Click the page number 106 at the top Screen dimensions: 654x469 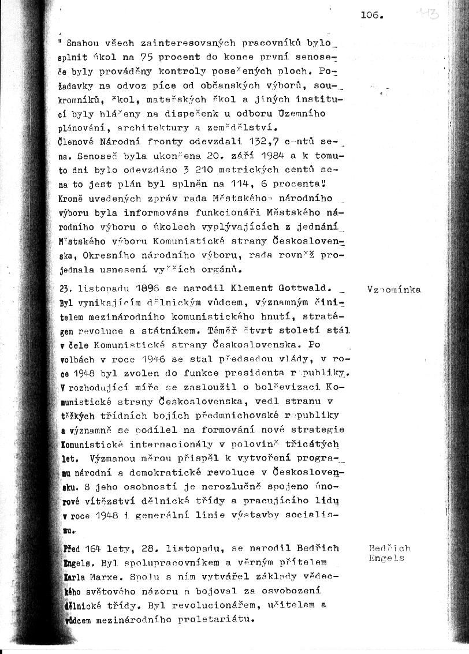tap(371, 16)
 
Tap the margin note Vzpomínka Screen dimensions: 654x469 tap(394, 290)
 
